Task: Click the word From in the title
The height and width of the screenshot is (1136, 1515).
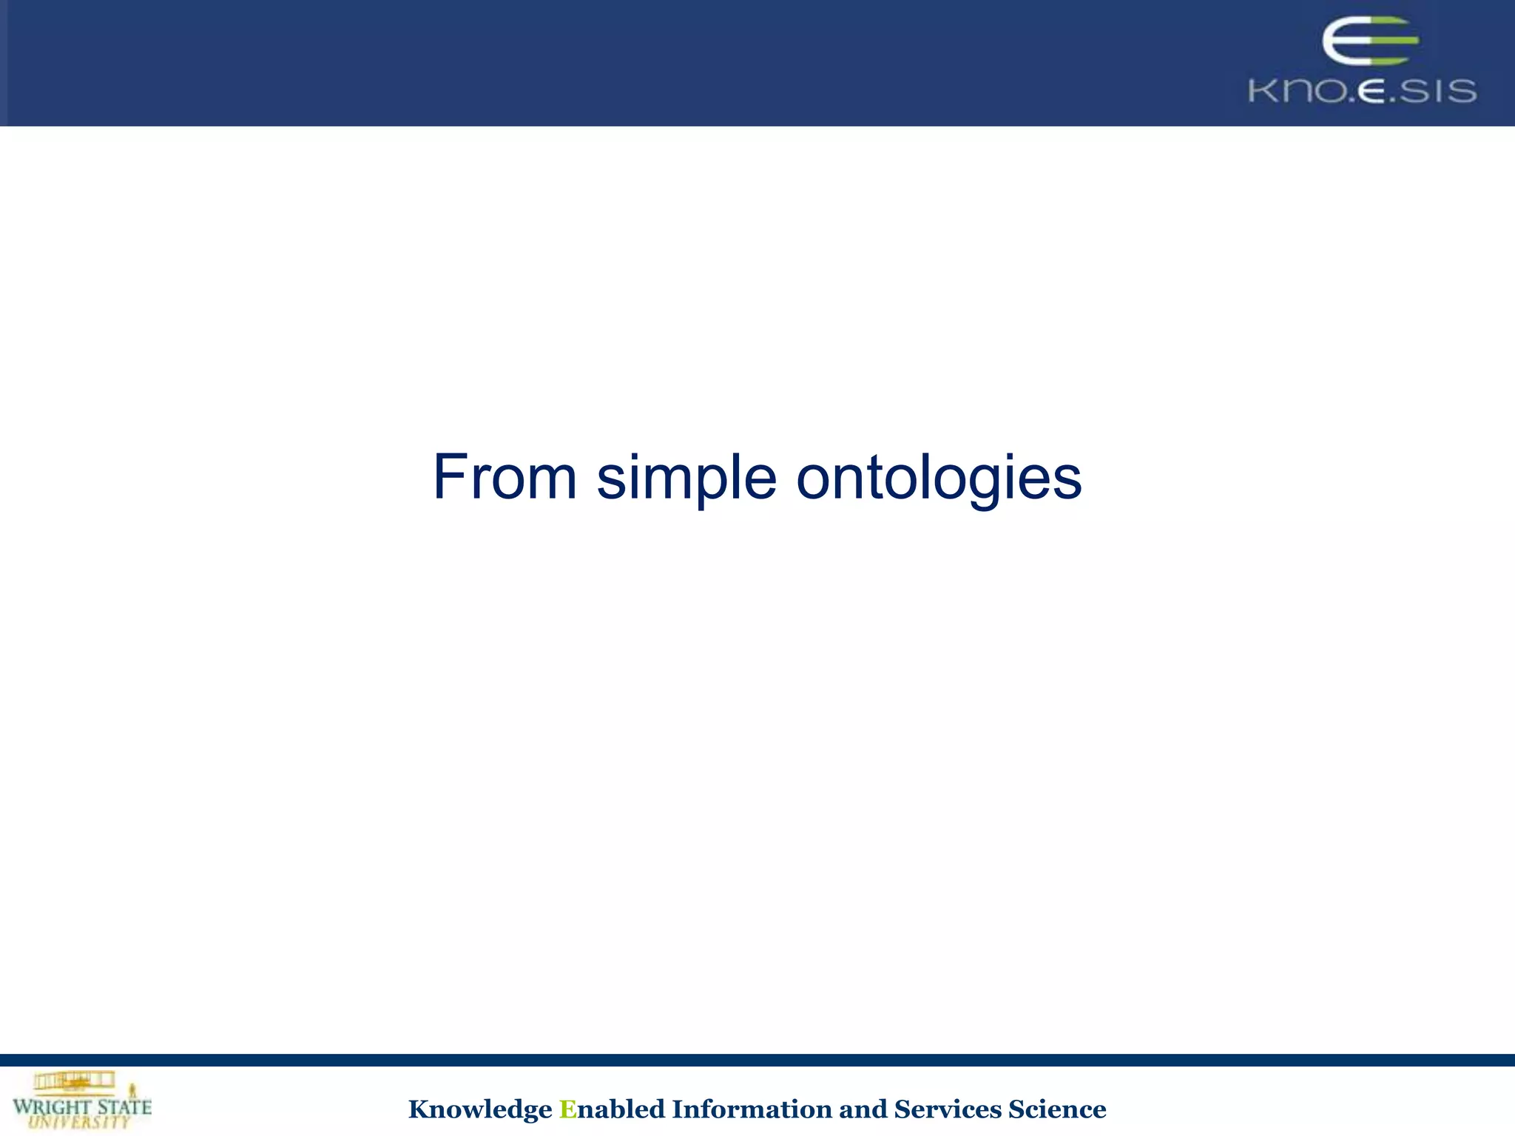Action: [505, 478]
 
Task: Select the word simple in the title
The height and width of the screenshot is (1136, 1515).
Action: [686, 478]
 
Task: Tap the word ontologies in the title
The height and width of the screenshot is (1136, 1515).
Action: [939, 478]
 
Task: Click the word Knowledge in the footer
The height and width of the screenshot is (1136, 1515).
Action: [479, 1109]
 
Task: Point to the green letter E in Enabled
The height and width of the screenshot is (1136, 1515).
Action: [567, 1109]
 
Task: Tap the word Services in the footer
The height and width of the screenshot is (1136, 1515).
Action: [947, 1109]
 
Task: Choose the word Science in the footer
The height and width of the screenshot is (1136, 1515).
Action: [1057, 1109]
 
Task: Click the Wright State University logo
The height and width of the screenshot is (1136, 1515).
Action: [81, 1100]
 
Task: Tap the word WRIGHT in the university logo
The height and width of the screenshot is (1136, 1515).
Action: [52, 1107]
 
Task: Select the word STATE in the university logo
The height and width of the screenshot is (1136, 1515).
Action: [124, 1107]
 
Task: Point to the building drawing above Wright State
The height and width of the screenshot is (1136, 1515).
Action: [74, 1081]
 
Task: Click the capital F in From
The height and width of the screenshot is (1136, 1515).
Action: [451, 478]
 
